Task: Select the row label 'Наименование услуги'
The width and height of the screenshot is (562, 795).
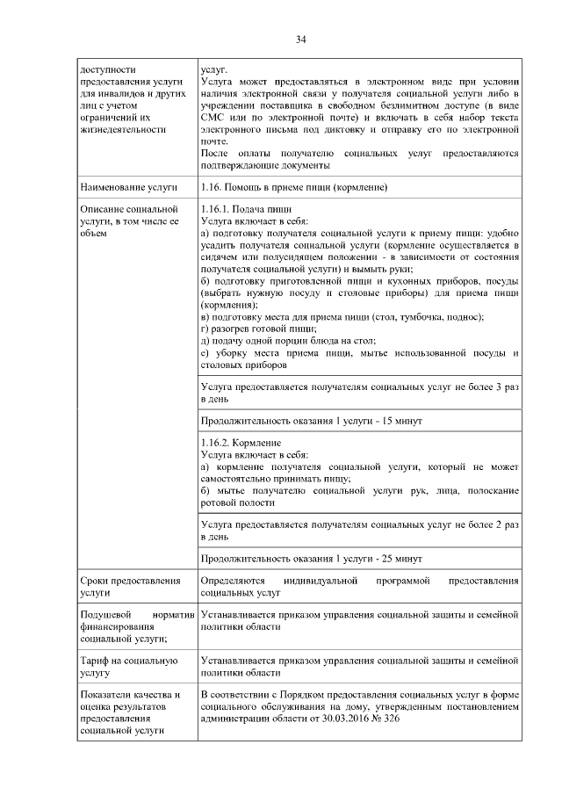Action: click(x=128, y=188)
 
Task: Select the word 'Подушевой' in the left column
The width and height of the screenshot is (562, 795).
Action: click(x=106, y=616)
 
